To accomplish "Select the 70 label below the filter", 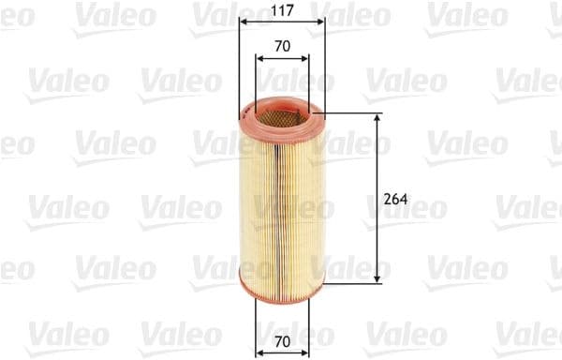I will tap(282, 342).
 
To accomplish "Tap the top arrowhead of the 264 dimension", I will tap(377, 120).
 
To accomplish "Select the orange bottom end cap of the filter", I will tap(281, 276).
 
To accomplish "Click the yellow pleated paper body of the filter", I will tap(281, 197).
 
